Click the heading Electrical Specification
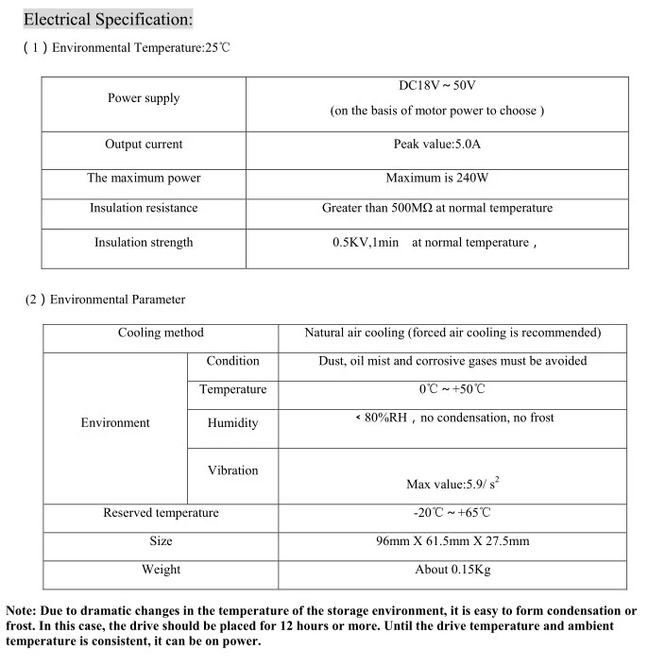(107, 19)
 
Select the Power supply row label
(144, 98)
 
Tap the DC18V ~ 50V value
(437, 86)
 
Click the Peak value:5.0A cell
(437, 145)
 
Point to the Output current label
(144, 145)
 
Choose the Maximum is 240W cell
(437, 178)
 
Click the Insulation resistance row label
(144, 208)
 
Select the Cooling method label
(161, 333)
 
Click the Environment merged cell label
(115, 423)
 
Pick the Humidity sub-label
(232, 423)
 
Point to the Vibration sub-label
(232, 470)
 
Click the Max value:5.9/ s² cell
(452, 484)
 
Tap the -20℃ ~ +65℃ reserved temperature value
(452, 513)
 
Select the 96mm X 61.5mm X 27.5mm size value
(452, 541)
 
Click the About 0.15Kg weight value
(452, 570)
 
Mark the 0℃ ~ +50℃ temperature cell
(452, 389)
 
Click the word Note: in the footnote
(24, 611)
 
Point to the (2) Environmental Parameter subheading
(105, 299)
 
